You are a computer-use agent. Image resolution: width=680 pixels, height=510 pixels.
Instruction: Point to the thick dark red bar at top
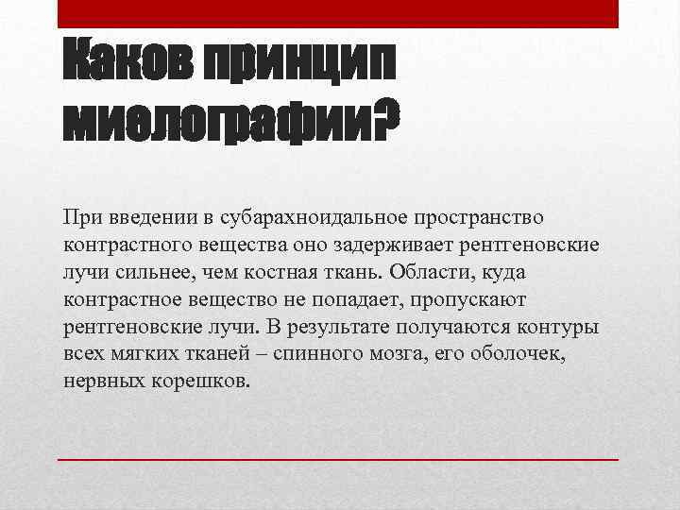pos(338,14)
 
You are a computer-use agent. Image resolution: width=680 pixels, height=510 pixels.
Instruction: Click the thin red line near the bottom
pos(338,459)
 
